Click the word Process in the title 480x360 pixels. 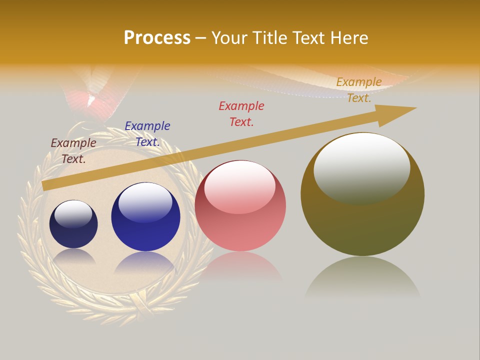[157, 37]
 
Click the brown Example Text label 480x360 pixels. [73, 150]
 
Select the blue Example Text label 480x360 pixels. [147, 133]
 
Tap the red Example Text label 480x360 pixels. [241, 113]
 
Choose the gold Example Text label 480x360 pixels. [359, 89]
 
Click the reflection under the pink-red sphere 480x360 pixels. [240, 265]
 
